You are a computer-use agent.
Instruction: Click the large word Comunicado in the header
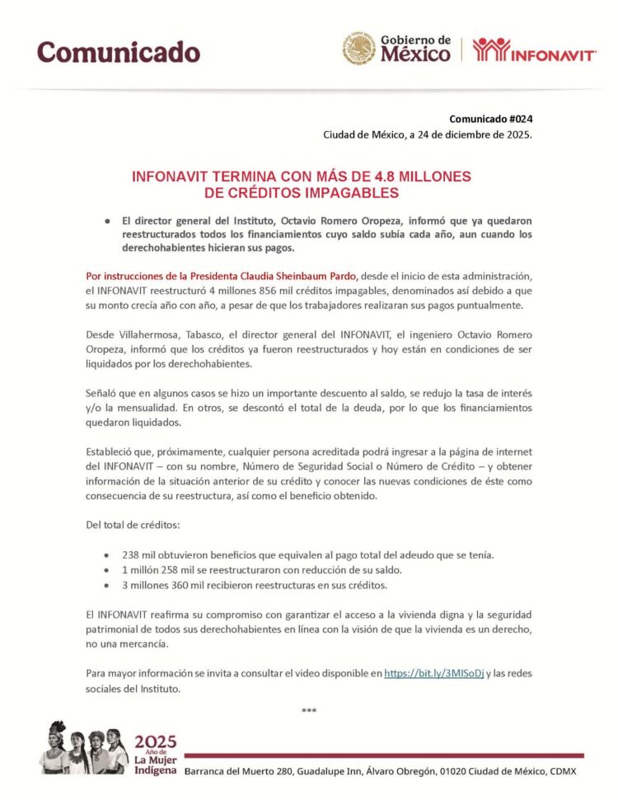(x=119, y=52)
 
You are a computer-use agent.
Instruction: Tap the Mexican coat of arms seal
(x=359, y=49)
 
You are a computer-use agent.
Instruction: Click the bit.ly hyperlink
(x=433, y=673)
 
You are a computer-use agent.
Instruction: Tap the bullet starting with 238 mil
(x=308, y=555)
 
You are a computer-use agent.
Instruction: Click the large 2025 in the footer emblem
(x=156, y=741)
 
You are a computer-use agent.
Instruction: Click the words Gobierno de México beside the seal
(x=415, y=49)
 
